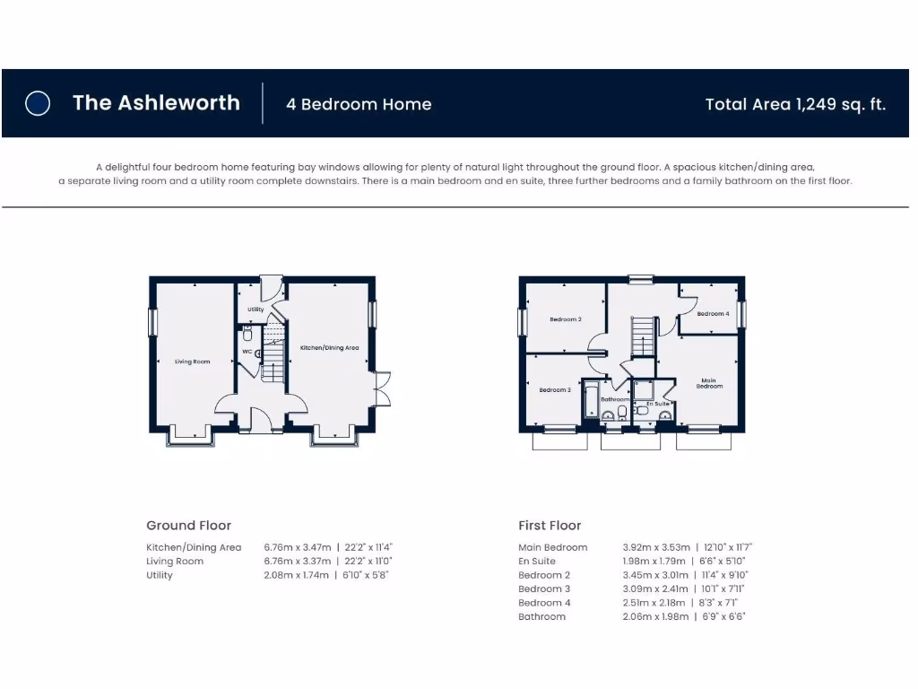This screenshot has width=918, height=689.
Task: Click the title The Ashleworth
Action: [x=156, y=102]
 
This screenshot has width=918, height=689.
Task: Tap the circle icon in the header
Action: [x=38, y=103]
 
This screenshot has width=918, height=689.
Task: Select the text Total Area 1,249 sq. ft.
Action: [x=795, y=104]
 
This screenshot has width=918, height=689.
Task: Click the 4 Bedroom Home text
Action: [x=359, y=104]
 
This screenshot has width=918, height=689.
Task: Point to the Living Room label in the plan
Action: [x=193, y=362]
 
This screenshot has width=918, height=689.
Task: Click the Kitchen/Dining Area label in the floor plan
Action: [x=329, y=347]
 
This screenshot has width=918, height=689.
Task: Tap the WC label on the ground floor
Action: [x=247, y=352]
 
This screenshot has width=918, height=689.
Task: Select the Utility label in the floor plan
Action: [x=255, y=310]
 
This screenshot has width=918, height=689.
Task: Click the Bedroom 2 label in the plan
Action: [x=566, y=319]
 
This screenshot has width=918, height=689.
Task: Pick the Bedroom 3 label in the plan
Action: [x=555, y=390]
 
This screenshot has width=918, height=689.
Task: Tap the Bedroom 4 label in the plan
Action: [x=713, y=314]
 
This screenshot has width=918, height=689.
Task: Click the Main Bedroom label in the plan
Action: [x=709, y=383]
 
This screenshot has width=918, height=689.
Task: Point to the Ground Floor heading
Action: [x=188, y=526]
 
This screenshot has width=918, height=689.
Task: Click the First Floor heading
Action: [x=550, y=526]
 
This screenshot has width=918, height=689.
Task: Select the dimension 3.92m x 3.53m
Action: [x=656, y=547]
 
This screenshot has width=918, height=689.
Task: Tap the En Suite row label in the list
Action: [x=537, y=562]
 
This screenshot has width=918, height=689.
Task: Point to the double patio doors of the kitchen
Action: [x=383, y=388]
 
